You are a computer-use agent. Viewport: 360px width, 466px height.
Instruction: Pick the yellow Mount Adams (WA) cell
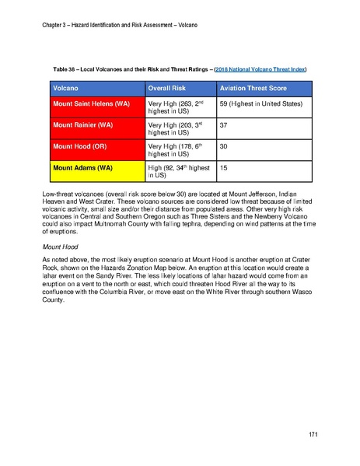pos(82,167)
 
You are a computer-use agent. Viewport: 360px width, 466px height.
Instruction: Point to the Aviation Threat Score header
pos(254,85)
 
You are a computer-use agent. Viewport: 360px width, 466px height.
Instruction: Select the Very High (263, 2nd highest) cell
pos(176,107)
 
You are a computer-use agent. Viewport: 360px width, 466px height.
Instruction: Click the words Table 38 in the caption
pos(65,69)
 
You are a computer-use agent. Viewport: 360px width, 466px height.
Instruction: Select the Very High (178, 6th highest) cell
pos(176,150)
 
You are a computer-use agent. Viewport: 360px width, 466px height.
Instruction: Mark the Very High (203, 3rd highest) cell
pos(176,128)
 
